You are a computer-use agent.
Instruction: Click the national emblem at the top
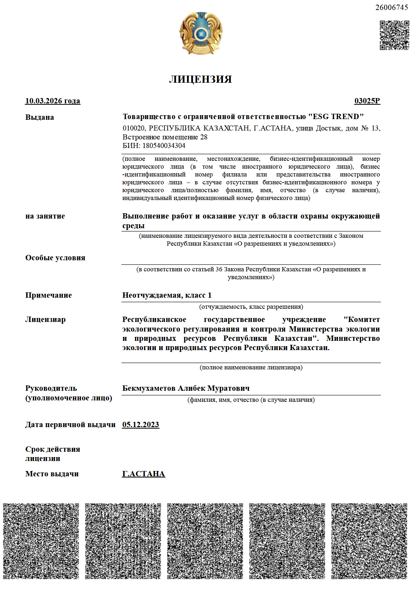click(201, 33)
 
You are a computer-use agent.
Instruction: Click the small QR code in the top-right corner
click(394, 35)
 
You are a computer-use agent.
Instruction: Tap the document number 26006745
click(391, 7)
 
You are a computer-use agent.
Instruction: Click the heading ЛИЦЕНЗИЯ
click(201, 79)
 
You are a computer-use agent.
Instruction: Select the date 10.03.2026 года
click(52, 101)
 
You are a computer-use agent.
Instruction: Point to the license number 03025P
click(367, 101)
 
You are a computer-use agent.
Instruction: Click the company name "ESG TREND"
click(336, 117)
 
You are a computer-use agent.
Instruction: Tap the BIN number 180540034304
click(164, 145)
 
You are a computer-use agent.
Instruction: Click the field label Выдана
click(40, 117)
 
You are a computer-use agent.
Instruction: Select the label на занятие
click(45, 216)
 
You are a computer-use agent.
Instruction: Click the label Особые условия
click(55, 258)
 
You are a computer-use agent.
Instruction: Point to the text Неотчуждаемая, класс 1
click(167, 295)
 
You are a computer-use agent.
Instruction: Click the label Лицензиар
click(45, 319)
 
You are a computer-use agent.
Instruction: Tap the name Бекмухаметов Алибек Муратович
click(186, 388)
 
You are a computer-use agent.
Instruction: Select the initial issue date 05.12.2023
click(141, 425)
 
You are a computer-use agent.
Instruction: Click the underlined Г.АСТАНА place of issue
click(143, 474)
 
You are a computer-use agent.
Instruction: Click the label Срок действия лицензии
click(52, 454)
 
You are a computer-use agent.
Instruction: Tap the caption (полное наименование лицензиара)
click(251, 367)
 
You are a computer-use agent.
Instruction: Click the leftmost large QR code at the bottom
click(41, 541)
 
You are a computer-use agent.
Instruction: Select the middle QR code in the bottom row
click(205, 541)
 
